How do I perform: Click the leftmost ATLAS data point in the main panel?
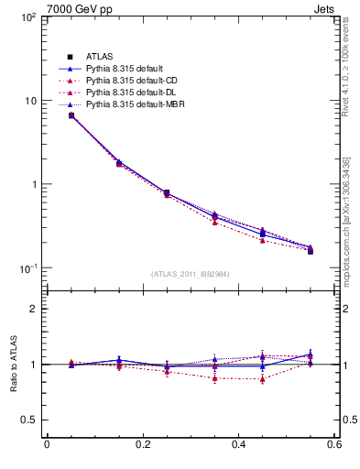[x=71, y=115]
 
